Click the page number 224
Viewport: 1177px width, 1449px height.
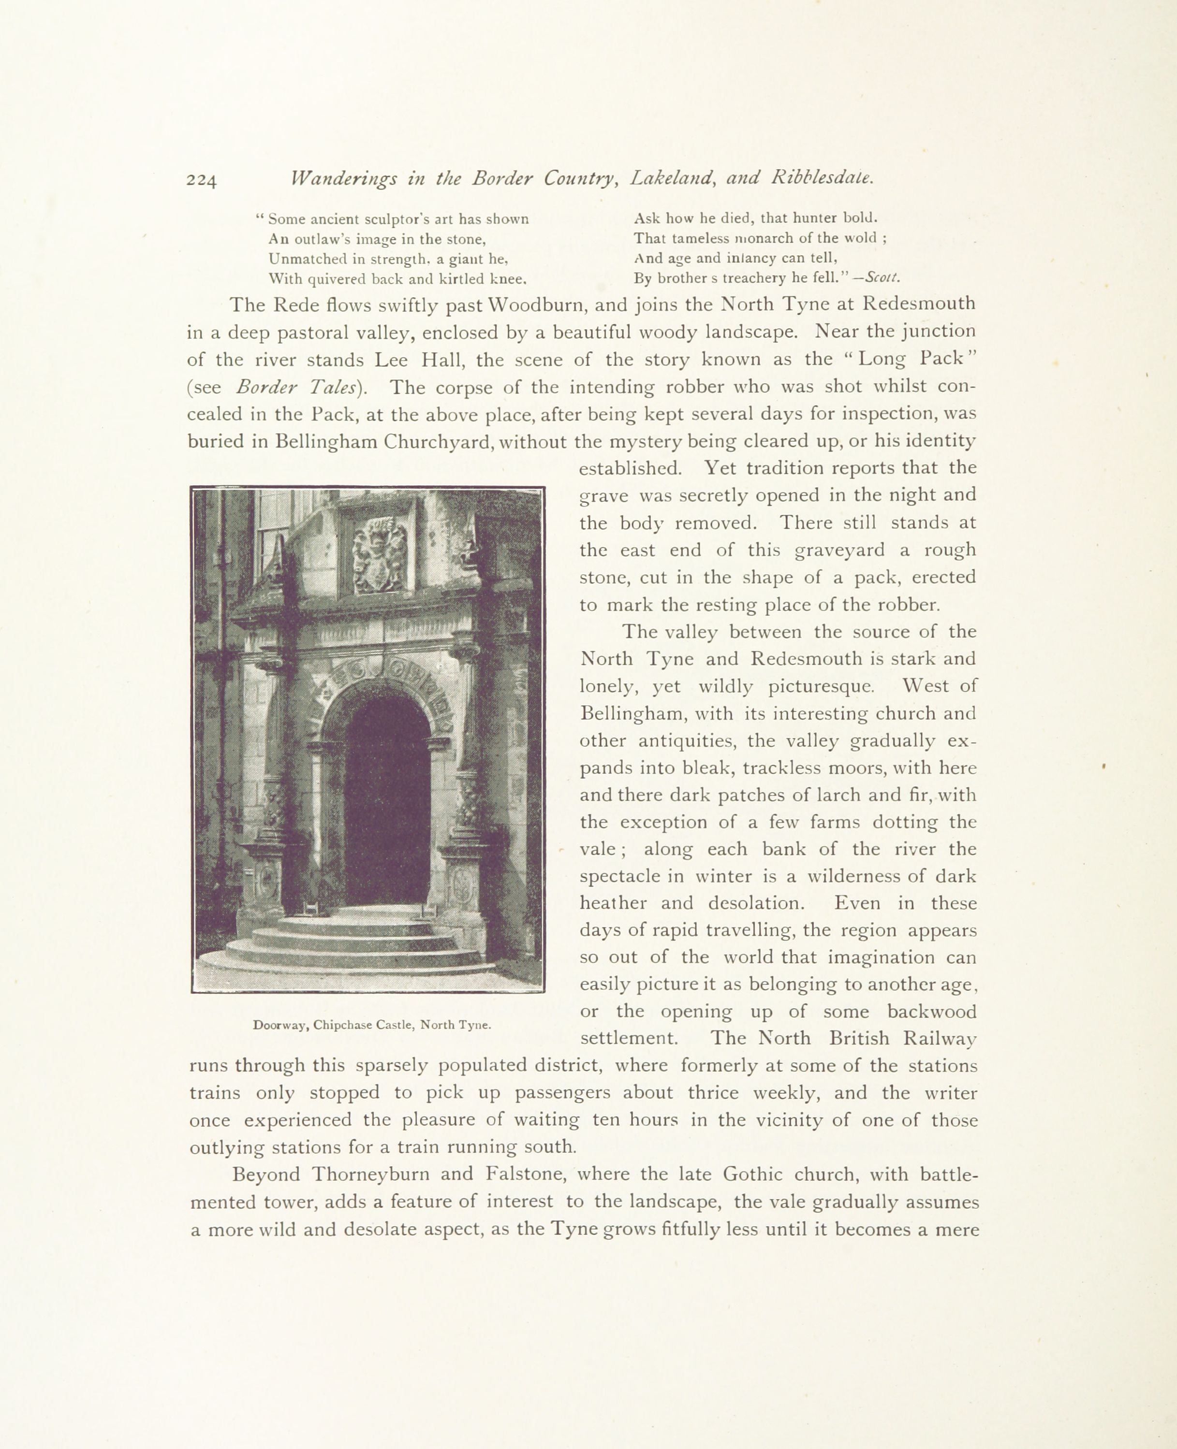[x=201, y=180]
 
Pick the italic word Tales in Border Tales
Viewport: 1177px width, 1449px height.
[x=332, y=387]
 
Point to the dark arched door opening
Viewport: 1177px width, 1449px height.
[x=387, y=800]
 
